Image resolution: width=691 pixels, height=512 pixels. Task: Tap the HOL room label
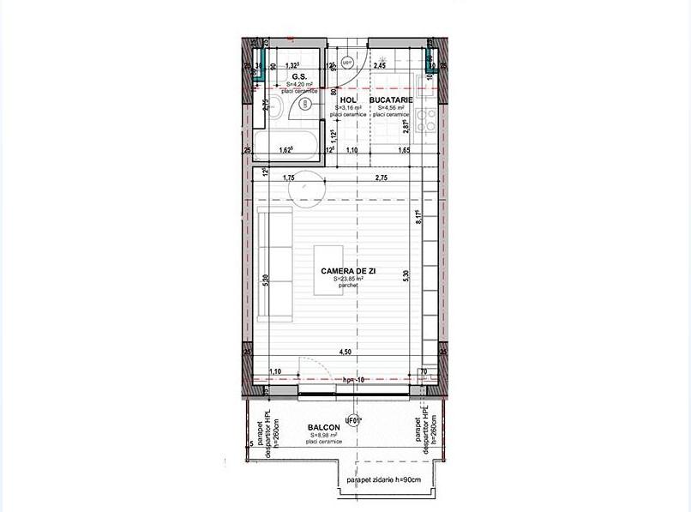347,100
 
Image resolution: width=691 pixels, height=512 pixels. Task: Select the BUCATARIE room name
392,100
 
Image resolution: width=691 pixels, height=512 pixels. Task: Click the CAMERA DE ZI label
348,271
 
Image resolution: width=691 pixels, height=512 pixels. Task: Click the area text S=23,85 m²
348,279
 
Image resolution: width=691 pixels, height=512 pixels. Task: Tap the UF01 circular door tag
351,420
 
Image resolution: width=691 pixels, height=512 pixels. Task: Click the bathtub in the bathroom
288,141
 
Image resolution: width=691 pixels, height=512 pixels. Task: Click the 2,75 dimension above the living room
382,178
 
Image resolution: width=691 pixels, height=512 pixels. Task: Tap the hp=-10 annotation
354,379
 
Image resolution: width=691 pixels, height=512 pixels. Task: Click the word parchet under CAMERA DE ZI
348,286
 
